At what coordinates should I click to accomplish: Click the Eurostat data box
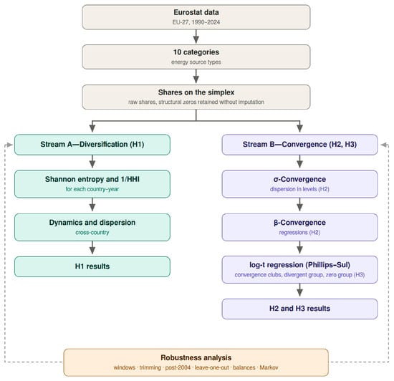pyautogui.click(x=196, y=17)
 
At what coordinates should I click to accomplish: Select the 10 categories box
pyautogui.click(x=196, y=57)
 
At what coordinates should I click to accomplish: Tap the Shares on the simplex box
pyautogui.click(x=196, y=97)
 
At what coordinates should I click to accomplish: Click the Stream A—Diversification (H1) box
pyautogui.click(x=92, y=145)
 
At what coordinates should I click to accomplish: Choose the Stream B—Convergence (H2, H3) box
pyautogui.click(x=299, y=145)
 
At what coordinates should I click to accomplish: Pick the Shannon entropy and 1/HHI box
pyautogui.click(x=92, y=184)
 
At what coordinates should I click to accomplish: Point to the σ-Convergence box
pyautogui.click(x=299, y=184)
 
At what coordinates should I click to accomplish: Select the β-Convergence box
pyautogui.click(x=299, y=227)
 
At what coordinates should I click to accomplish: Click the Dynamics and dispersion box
pyautogui.click(x=92, y=227)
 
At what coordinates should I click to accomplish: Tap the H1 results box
pyautogui.click(x=92, y=266)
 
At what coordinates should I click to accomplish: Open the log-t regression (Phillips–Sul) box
pyautogui.click(x=299, y=270)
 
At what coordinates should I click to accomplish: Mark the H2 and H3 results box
pyautogui.click(x=299, y=309)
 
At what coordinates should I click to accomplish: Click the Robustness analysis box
pyautogui.click(x=196, y=362)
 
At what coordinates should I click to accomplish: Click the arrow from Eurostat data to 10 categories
pyautogui.click(x=196, y=37)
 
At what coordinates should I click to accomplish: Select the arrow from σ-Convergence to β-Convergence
pyautogui.click(x=299, y=205)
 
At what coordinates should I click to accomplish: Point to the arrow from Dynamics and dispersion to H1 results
pyautogui.click(x=92, y=248)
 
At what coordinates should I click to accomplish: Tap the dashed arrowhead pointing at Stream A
pyautogui.click(x=9, y=145)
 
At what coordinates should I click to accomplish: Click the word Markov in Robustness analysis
pyautogui.click(x=269, y=367)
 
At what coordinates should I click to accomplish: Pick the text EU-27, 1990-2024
pyautogui.click(x=196, y=22)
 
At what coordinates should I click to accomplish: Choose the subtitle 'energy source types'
pyautogui.click(x=196, y=62)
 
